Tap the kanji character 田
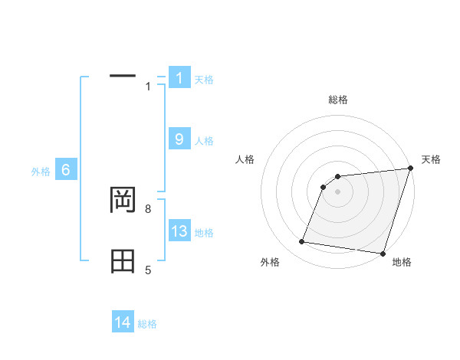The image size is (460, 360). (123, 261)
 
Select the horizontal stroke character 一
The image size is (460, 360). (123, 75)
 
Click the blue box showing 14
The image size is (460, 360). (123, 322)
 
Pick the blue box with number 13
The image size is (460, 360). (179, 231)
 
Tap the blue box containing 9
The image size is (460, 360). (179, 139)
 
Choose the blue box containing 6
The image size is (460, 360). (66, 170)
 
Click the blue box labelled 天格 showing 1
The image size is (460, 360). (179, 77)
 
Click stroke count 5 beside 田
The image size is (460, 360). (148, 270)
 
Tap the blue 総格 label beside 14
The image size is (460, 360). (147, 324)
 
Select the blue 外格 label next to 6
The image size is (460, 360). (41, 172)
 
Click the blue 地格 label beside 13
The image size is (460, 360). (204, 233)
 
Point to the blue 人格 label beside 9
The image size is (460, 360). (204, 141)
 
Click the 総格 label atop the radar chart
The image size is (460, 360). (338, 100)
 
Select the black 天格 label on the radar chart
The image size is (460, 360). (431, 159)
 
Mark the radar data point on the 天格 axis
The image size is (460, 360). (409, 169)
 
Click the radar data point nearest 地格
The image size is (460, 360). (382, 254)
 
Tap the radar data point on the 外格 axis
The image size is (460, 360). (302, 242)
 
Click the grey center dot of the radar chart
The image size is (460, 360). (338, 191)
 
